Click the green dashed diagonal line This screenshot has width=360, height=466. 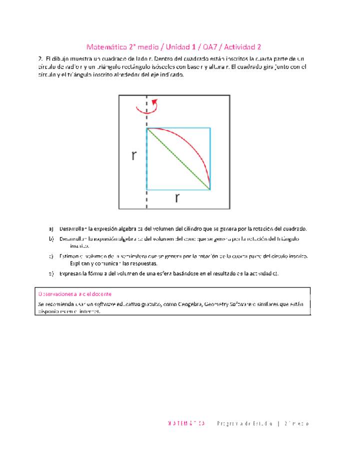pos(178,159)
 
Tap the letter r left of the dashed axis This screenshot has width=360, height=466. pos(134,155)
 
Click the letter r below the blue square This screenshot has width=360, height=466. pos(177,198)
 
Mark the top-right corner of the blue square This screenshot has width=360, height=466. pos(210,128)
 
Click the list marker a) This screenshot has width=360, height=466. pos(51,228)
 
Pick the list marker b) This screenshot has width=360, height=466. pos(51,238)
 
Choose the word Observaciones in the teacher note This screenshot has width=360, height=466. pos(54,294)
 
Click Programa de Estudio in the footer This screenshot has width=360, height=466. pos(245,423)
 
